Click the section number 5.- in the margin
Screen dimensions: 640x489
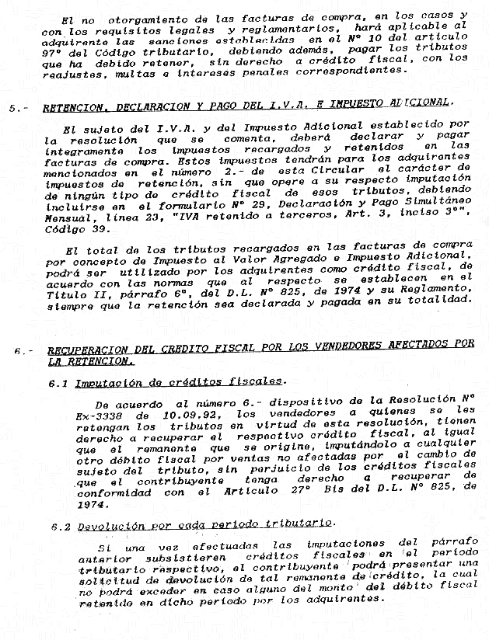[16, 108]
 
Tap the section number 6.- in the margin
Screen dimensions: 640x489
[20, 350]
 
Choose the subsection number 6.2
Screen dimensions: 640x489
[62, 527]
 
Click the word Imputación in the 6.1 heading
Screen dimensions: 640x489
[105, 382]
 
